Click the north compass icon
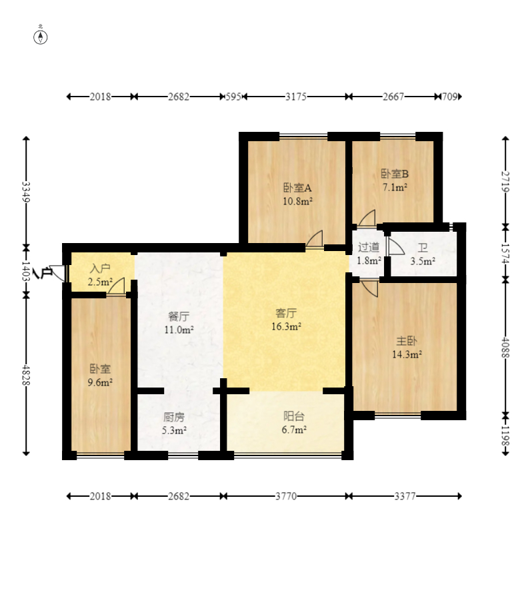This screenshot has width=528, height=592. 41,37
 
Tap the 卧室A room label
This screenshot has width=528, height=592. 297,188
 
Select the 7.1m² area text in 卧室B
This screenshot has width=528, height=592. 395,187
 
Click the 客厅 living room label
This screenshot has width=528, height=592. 286,313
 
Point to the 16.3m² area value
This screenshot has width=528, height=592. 286,326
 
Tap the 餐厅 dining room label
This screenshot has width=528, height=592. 179,316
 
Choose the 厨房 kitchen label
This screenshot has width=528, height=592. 174,417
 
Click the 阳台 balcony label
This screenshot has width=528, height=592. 294,416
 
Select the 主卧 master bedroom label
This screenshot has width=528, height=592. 407,341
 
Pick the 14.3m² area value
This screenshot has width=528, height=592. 407,354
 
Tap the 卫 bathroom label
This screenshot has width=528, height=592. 423,248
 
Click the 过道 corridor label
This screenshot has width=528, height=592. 369,247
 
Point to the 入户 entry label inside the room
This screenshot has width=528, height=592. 100,268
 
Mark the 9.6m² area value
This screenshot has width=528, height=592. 100,382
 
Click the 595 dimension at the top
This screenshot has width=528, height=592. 233,97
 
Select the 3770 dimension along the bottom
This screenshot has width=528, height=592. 286,496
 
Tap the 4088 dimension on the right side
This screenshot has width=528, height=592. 505,348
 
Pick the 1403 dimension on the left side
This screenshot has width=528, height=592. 26,272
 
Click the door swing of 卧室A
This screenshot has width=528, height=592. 315,238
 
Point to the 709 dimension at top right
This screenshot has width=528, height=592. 449,97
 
